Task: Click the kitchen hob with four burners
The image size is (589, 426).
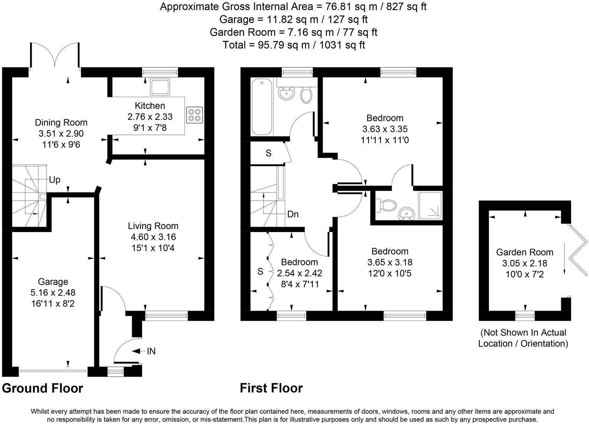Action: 195,115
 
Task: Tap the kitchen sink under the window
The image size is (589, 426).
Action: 160,87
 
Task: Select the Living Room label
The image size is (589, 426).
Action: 153,226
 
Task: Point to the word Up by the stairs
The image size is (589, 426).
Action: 55,180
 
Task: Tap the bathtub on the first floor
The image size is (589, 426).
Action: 262,108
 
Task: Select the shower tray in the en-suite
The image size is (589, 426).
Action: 430,205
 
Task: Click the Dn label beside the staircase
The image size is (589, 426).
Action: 293,214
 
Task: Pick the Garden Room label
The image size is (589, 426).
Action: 525,252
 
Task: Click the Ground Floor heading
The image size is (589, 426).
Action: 42,388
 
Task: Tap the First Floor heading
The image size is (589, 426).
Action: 271,388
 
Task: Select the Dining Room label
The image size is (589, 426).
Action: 61,123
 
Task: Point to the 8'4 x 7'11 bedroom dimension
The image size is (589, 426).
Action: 300,284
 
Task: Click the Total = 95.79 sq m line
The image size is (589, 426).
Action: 294,45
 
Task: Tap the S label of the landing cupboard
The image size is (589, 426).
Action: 268,153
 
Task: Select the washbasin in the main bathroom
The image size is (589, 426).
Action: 287,93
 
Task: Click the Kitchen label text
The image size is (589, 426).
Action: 150,106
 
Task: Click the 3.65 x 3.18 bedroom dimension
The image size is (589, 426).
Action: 390,263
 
